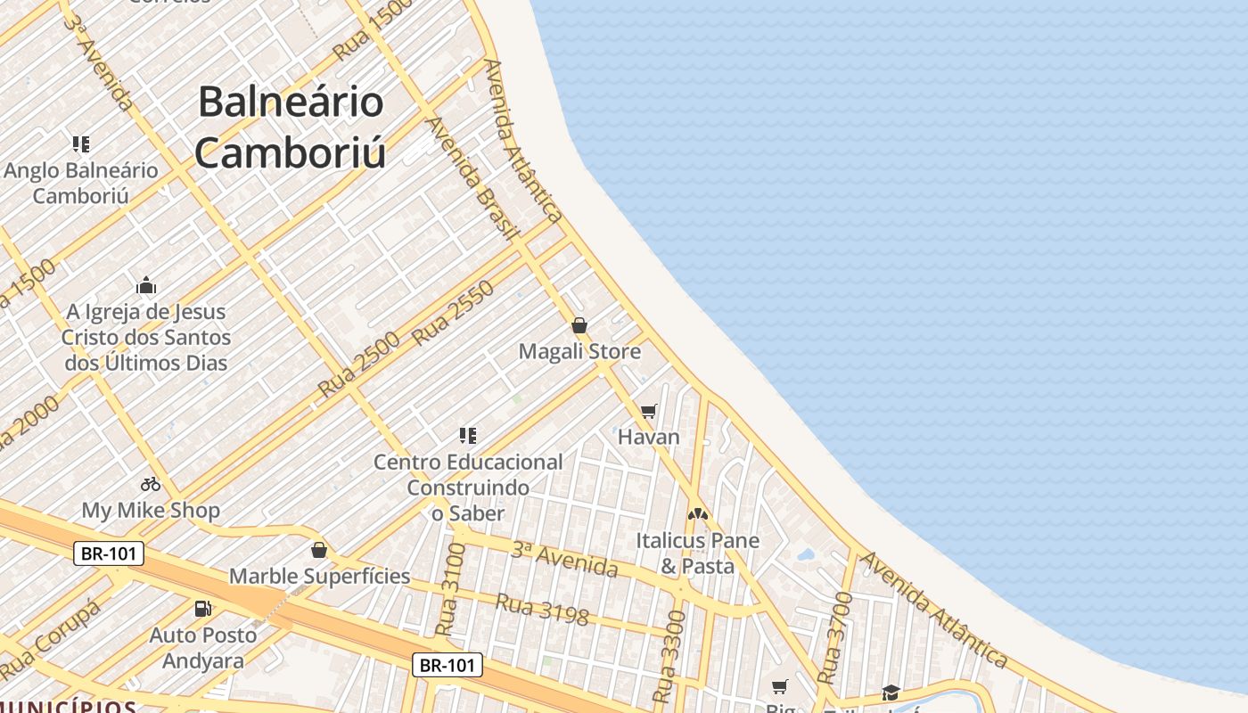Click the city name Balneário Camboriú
pos(291,127)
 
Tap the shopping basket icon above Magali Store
pos(579,325)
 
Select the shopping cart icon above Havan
pos(649,411)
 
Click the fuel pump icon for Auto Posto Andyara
pos(203,609)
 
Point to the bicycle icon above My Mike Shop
pos(151,484)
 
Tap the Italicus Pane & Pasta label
pos(697,553)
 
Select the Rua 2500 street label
pos(358,364)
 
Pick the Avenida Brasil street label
pos(473,178)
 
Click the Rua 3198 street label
pos(542,610)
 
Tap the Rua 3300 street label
pos(669,657)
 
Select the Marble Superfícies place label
pos(320,576)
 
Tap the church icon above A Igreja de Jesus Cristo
pos(146,286)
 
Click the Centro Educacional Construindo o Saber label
pos(468,487)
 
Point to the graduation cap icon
pos(891,693)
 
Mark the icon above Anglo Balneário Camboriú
pos(81,143)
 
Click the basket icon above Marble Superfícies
pos(319,550)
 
